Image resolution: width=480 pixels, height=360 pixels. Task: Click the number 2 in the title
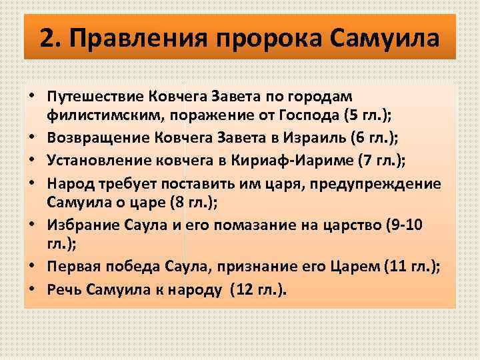point(46,37)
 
